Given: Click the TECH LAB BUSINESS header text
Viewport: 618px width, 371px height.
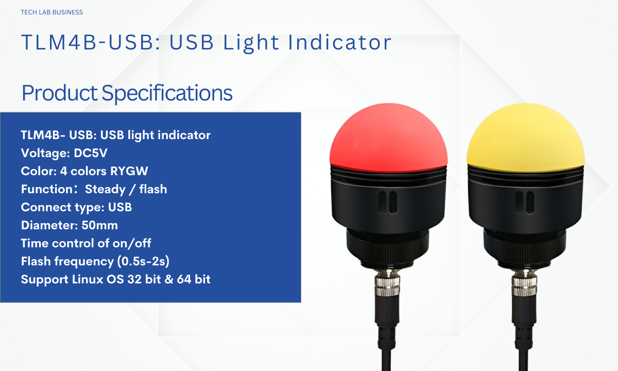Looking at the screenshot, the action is coord(52,12).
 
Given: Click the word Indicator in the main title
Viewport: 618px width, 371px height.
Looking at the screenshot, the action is coord(339,42).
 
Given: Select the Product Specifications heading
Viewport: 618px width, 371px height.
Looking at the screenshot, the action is coord(127,93).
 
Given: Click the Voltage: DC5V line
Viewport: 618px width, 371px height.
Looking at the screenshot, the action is coord(64,153).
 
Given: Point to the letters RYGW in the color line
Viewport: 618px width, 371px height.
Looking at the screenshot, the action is coord(129,171).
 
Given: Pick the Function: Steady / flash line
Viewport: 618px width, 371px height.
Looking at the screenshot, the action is coord(94,189).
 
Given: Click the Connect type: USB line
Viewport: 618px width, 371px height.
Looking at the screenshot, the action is coord(76,207).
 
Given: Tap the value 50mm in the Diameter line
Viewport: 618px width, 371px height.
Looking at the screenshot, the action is coord(100,225).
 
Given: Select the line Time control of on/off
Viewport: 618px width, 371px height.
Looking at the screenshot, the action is coord(86,243).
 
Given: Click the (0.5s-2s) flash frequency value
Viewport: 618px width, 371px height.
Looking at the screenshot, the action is coord(143,261).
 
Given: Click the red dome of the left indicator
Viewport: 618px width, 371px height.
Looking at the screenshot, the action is coord(388,138).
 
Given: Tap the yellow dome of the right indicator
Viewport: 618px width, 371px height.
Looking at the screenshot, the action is coord(526,138).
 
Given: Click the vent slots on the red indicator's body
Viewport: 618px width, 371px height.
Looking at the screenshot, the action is coord(388,203).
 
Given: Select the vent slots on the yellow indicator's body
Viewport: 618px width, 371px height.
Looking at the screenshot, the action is coord(525,203).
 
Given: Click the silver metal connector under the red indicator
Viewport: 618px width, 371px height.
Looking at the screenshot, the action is coord(387,283).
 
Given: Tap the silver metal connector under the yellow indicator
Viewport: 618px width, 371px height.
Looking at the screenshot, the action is coord(524,283).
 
